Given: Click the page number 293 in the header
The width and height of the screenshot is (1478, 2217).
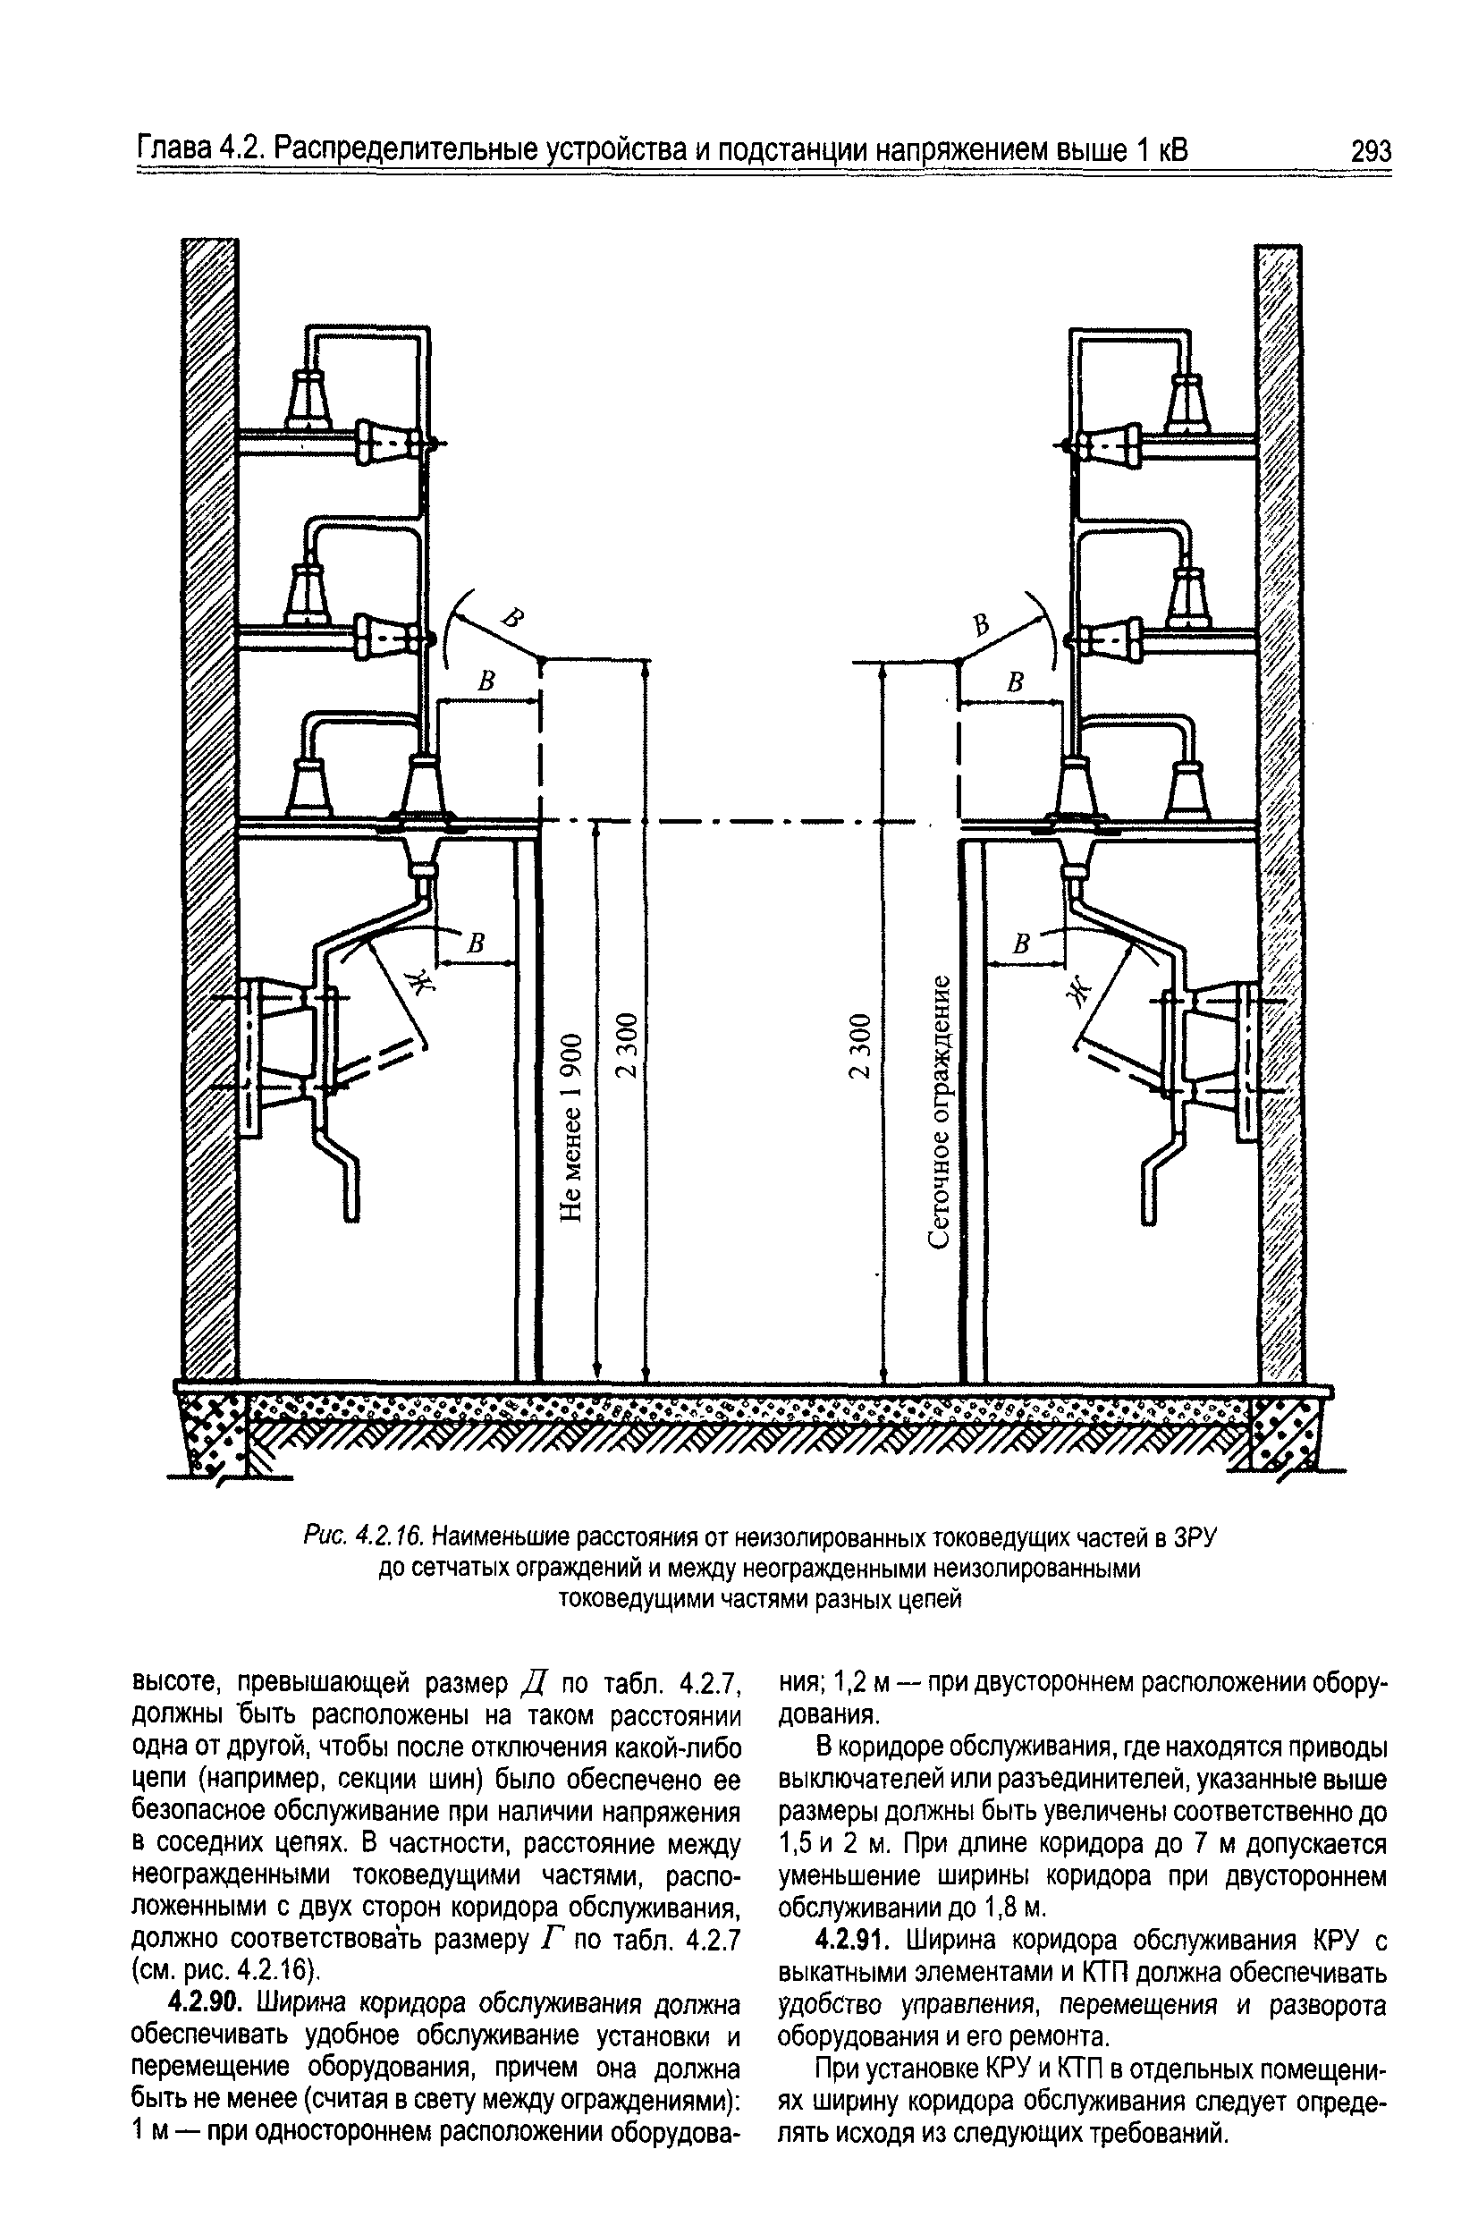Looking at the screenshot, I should tap(1370, 151).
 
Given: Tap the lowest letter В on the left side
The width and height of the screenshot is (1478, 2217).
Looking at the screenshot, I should tap(477, 943).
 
